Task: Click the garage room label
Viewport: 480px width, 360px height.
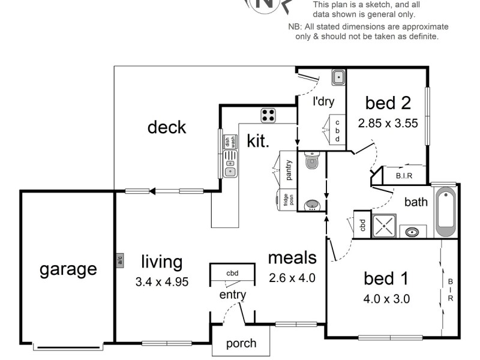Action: point(68,269)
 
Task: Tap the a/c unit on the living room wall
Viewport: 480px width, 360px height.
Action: point(119,260)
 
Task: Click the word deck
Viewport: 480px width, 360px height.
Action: point(167,127)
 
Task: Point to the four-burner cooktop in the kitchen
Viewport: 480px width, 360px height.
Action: point(268,115)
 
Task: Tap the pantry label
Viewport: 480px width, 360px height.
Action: point(289,170)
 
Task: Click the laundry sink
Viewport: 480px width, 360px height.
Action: point(338,77)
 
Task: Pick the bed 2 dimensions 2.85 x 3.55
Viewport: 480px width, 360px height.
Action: point(388,124)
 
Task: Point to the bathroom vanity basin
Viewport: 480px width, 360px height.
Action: point(412,232)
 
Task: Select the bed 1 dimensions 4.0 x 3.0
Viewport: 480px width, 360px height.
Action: point(387,298)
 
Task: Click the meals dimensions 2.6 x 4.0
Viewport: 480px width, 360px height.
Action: point(292,278)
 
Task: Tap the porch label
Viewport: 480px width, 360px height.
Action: point(241,344)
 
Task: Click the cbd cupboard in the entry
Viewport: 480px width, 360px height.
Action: point(232,274)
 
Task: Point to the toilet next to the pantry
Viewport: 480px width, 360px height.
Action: point(312,160)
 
